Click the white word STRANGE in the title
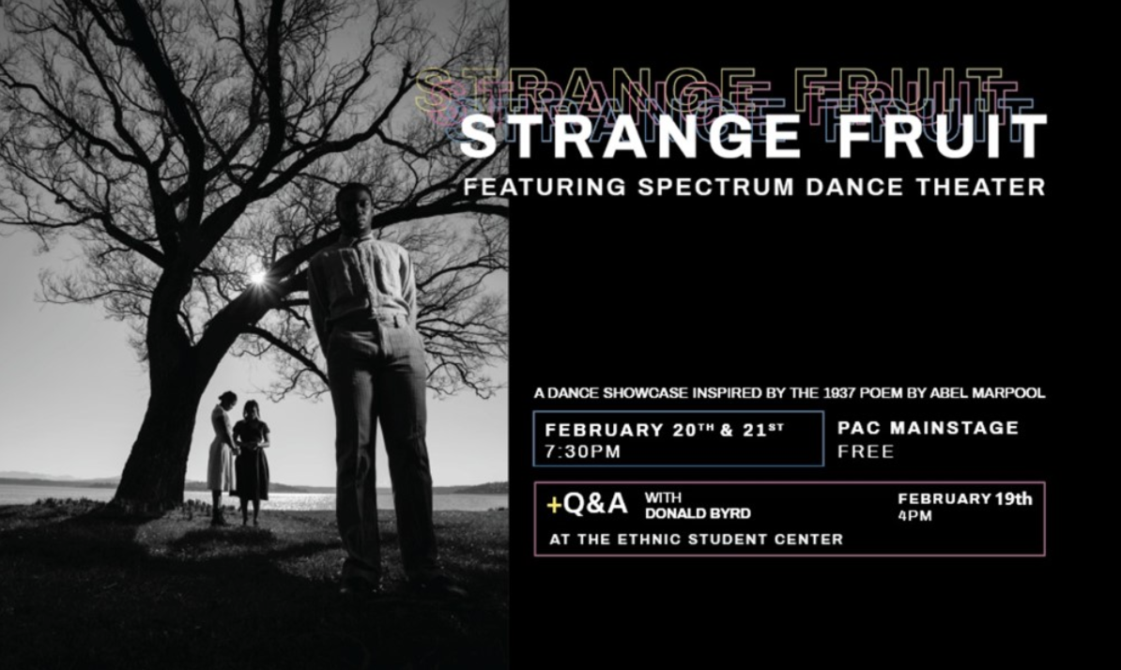631,136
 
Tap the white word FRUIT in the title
943,136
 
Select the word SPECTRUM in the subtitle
715,187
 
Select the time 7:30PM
583,451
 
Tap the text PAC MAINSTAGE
928,428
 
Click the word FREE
866,451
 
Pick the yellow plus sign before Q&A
554,505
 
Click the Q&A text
595,504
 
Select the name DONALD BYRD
698,513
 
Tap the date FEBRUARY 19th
965,498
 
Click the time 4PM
915,516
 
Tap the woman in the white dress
222,457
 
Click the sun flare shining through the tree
257,277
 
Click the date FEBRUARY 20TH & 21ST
664,429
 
